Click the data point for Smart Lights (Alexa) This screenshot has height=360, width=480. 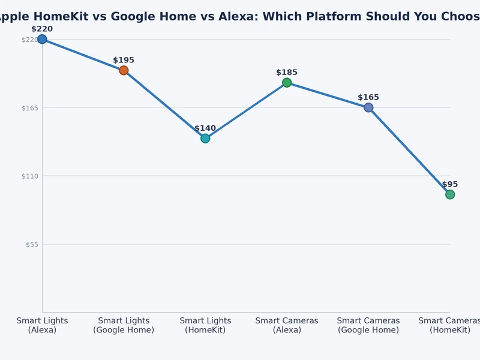[42, 40]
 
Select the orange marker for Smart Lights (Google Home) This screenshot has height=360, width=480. [124, 70]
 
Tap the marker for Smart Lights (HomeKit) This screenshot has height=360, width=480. [205, 139]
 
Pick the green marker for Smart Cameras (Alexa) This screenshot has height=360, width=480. [287, 83]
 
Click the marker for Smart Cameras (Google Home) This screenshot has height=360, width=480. [368, 107]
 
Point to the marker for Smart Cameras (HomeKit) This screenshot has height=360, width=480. [450, 194]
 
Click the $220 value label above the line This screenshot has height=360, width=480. [42, 29]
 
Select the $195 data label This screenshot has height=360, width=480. [124, 60]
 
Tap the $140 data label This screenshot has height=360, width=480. [205, 128]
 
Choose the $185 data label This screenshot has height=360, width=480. [287, 73]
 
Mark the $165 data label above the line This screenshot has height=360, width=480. [368, 97]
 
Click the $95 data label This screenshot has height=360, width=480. [450, 184]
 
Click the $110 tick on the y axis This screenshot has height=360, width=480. [29, 176]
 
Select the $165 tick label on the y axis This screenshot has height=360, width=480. [29, 108]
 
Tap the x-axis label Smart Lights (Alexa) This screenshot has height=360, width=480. [42, 325]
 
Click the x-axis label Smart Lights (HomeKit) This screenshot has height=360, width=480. [205, 325]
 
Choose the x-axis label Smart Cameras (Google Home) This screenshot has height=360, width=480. [368, 325]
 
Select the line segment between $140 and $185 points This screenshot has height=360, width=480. [246, 110]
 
